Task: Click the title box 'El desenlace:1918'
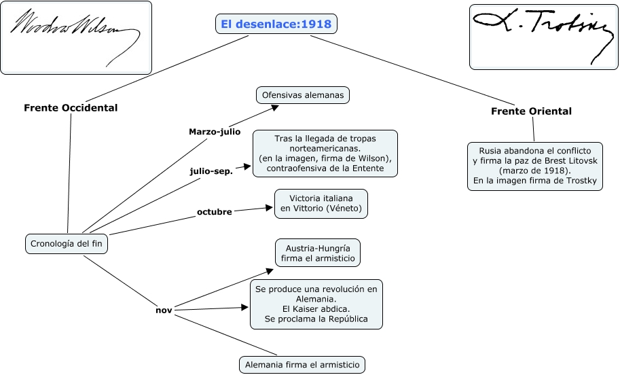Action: click(276, 24)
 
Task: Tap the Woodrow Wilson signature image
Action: click(75, 37)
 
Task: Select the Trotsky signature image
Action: click(543, 37)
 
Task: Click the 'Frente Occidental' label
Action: click(71, 107)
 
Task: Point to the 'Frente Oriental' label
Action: click(531, 111)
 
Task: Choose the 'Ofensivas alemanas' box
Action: click(302, 95)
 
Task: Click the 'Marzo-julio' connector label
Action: click(215, 131)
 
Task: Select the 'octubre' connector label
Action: click(215, 211)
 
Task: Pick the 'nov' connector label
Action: click(163, 310)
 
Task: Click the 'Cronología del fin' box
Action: click(67, 243)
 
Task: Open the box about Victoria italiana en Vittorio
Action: click(321, 203)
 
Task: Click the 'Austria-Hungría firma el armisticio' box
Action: click(317, 253)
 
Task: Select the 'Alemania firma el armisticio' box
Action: click(302, 365)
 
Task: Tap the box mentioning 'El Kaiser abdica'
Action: click(316, 304)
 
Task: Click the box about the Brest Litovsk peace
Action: click(535, 166)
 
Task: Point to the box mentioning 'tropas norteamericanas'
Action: click(325, 154)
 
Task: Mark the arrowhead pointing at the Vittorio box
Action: click(268, 208)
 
